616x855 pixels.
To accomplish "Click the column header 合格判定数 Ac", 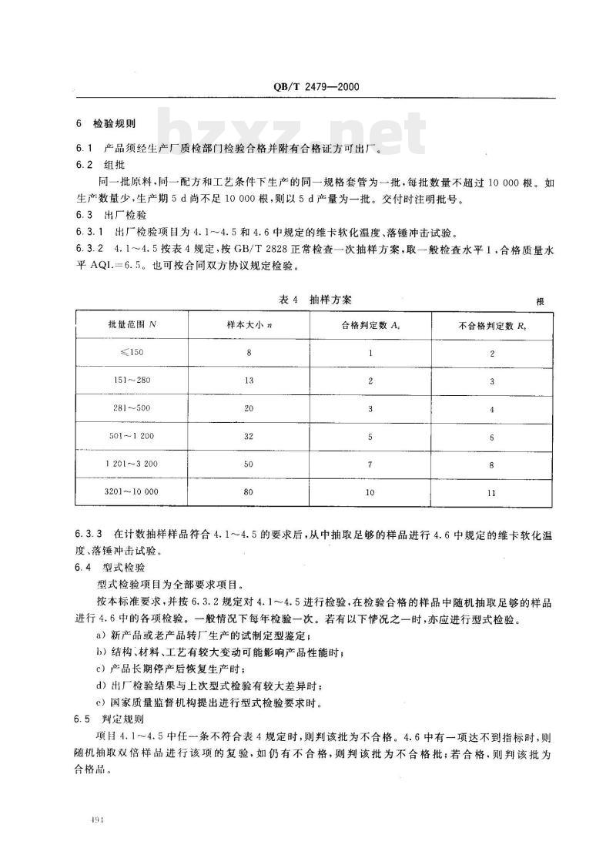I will click(x=370, y=326).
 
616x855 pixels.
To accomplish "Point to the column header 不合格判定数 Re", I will click(x=491, y=326).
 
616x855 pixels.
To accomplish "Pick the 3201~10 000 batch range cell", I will click(x=129, y=491).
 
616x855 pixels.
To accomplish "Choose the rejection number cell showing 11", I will click(x=491, y=491).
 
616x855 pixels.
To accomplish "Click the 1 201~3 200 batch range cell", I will click(x=129, y=464).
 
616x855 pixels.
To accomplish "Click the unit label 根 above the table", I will click(x=540, y=301).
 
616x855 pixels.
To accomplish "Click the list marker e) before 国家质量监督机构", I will click(x=100, y=702).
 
